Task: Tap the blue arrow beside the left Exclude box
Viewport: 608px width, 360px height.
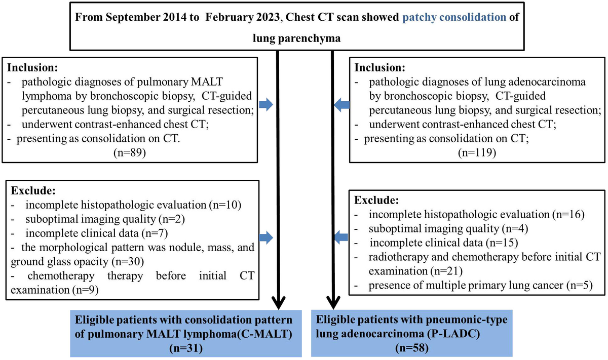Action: (265, 237)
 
